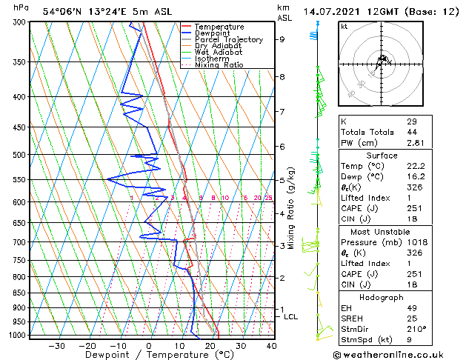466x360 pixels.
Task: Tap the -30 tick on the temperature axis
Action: point(56,345)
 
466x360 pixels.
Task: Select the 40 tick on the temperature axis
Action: point(271,345)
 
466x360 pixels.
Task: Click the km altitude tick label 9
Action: point(282,39)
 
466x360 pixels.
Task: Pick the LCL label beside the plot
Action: point(291,317)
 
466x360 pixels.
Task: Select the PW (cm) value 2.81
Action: point(416,143)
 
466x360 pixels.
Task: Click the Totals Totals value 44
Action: point(411,132)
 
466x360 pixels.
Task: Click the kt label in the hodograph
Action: point(344,26)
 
